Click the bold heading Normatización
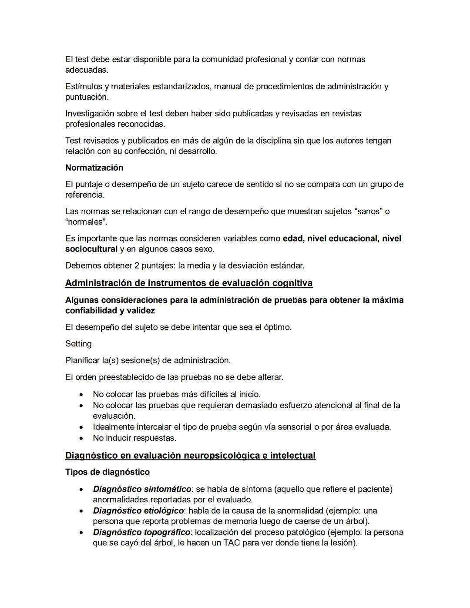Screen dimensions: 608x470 (94, 168)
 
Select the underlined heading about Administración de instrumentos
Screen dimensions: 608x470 (188, 283)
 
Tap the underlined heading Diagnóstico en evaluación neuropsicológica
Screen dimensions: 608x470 (190, 456)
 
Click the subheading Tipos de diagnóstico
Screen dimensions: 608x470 (107, 472)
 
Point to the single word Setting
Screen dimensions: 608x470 (78, 344)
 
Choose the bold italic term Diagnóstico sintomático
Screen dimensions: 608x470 (142, 489)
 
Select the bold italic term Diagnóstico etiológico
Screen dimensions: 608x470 (138, 511)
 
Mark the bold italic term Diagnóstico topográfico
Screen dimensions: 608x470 (141, 532)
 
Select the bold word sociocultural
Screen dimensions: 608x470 (91, 249)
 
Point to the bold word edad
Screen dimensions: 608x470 (293, 238)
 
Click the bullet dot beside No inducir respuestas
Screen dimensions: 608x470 (81, 438)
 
